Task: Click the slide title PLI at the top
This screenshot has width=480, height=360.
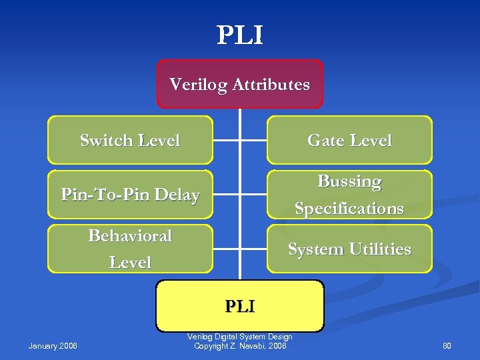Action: [x=240, y=35]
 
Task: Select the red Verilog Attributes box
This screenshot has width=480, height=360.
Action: [x=240, y=84]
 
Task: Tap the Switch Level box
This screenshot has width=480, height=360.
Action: [x=130, y=140]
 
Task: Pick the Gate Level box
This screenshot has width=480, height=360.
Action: [x=349, y=140]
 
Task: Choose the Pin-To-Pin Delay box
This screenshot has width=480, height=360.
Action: [x=130, y=195]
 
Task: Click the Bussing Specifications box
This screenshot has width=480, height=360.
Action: [x=349, y=195]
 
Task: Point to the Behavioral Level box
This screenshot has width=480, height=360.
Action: [x=130, y=249]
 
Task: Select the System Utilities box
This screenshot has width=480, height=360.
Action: [x=349, y=249]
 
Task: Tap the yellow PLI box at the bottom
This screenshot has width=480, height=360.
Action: [x=240, y=306]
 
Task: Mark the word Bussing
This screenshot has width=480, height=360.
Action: [x=349, y=181]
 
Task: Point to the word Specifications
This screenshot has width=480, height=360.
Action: [x=349, y=209]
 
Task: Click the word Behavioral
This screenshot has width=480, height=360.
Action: [x=130, y=236]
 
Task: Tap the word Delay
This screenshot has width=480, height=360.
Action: [x=177, y=195]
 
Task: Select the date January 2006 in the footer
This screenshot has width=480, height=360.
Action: [x=53, y=345]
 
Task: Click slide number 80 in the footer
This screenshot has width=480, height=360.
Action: [x=447, y=345]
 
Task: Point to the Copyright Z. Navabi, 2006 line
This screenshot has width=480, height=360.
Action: [x=240, y=346]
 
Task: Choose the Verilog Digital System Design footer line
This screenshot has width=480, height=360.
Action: [x=240, y=337]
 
